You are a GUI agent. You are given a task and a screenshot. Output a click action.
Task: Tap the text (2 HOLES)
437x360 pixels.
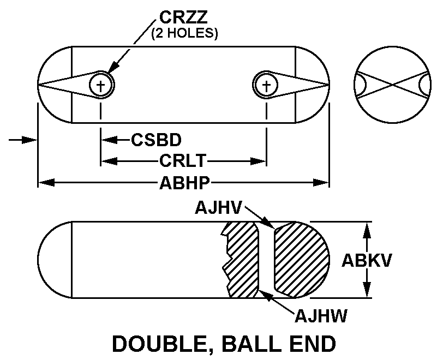[x=184, y=34]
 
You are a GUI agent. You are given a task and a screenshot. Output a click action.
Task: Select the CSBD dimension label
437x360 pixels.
[x=156, y=140]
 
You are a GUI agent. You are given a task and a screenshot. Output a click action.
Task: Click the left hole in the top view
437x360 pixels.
[x=101, y=85]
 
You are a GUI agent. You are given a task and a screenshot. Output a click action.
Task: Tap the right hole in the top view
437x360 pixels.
[x=266, y=85]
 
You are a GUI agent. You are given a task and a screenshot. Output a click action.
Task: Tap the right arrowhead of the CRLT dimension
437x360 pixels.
[x=260, y=161]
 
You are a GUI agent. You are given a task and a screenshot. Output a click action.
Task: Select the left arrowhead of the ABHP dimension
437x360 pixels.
[x=44, y=183]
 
